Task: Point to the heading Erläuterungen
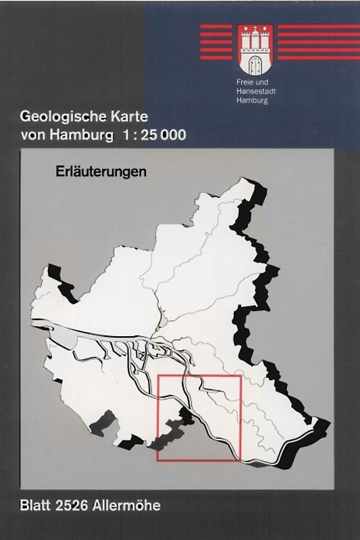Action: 101,171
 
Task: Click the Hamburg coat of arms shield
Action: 255,50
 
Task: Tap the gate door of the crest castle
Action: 255,65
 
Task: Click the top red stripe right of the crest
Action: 317,27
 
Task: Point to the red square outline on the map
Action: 157,418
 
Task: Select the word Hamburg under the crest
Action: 249,101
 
